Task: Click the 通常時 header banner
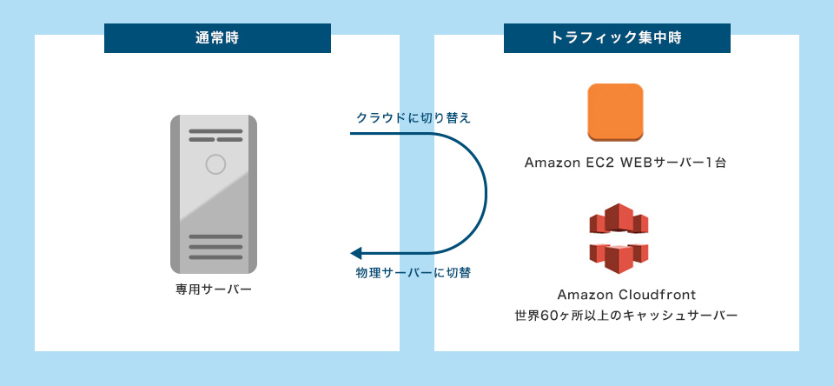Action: pos(217,38)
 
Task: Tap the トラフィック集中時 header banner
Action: pos(617,38)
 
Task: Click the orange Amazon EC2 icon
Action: pos(615,112)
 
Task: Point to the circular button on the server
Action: pos(215,163)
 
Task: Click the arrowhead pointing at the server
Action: pos(355,254)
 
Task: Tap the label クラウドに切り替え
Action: pos(414,117)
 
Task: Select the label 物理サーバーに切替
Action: pos(414,273)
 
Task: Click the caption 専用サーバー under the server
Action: pos(214,287)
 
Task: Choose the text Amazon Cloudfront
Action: pos(614,295)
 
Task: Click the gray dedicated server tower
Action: pos(214,193)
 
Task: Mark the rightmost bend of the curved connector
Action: pos(486,194)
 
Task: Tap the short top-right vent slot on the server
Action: pos(229,140)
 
